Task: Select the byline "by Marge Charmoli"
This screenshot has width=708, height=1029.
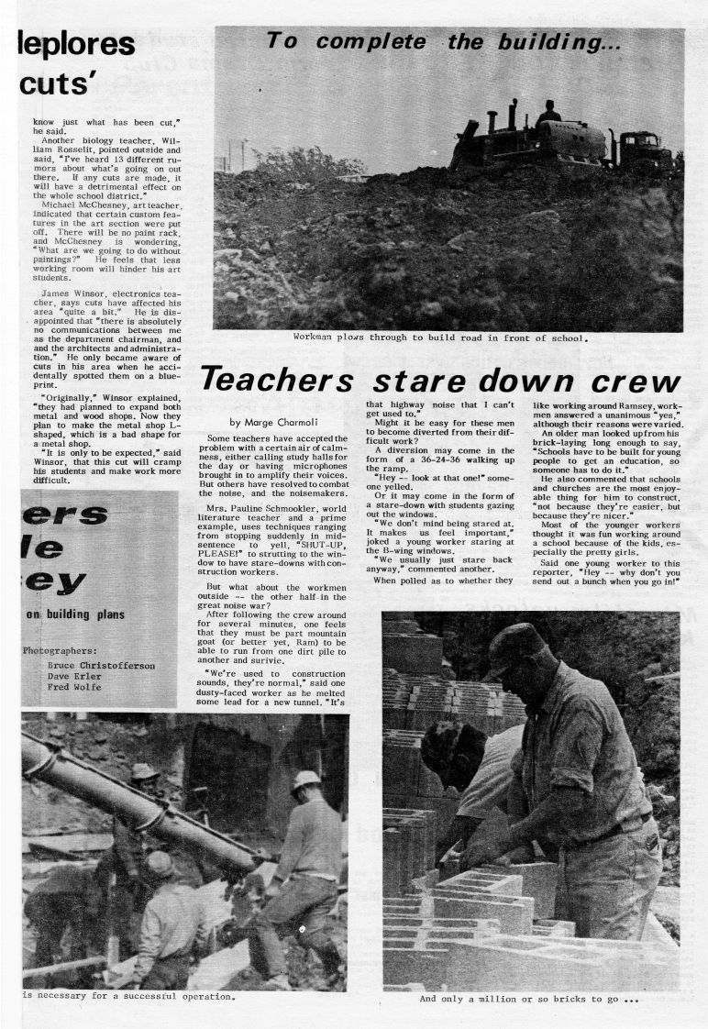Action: click(x=274, y=422)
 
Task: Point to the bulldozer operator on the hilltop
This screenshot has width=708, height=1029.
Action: click(x=548, y=114)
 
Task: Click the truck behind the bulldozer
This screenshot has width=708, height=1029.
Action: click(x=642, y=149)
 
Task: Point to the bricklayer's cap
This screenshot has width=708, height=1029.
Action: click(x=515, y=640)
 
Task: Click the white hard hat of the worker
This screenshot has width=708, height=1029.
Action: click(x=306, y=780)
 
